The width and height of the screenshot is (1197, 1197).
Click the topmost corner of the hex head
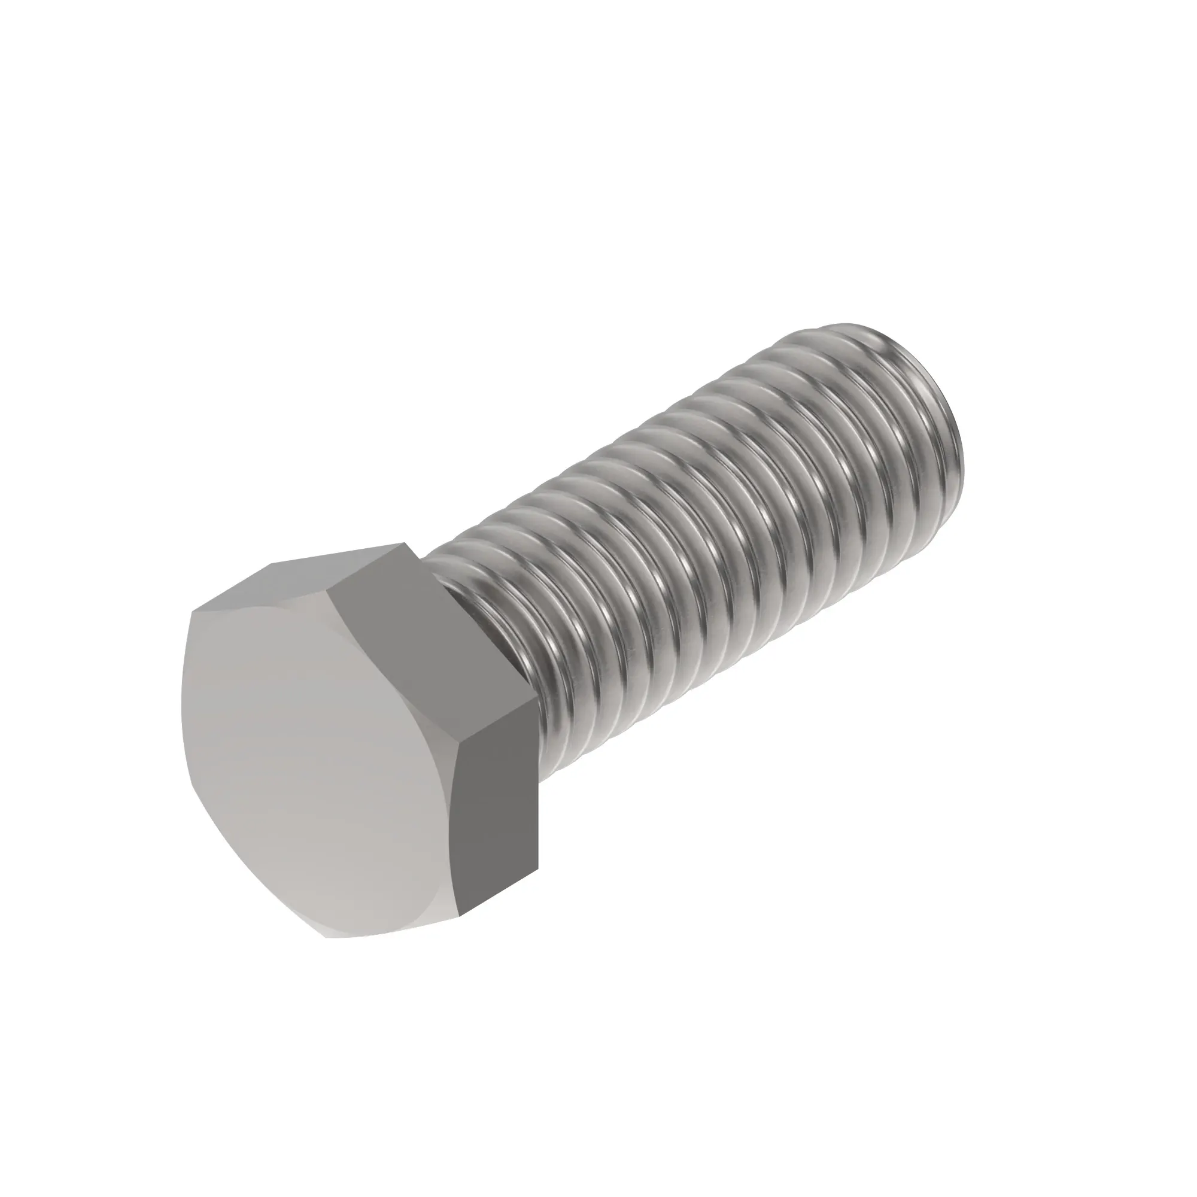coord(406,544)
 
